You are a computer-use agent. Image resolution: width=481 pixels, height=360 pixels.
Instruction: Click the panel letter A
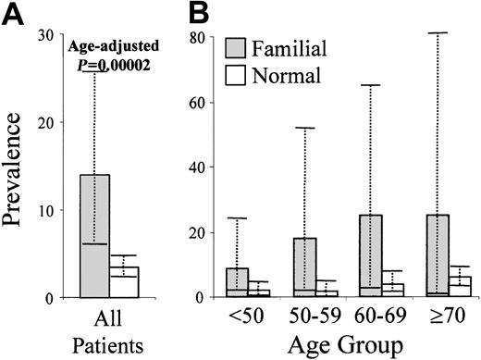click(14, 14)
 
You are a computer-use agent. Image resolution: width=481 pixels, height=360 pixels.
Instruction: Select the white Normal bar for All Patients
click(123, 282)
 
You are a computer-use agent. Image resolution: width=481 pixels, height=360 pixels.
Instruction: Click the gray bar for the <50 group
click(237, 282)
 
